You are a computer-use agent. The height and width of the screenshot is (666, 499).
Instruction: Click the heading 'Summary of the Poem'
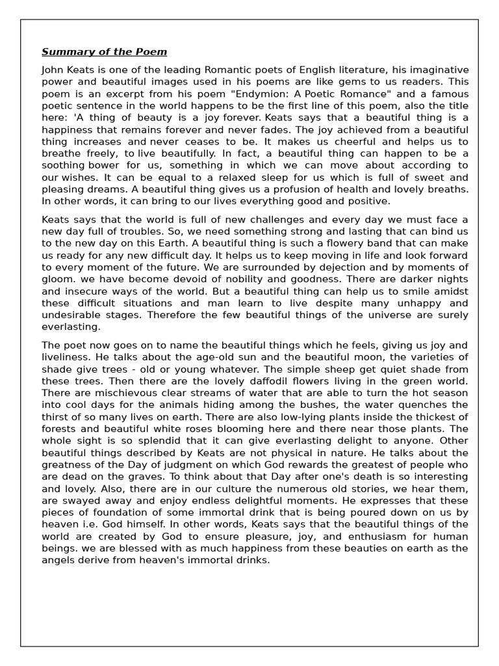[x=104, y=52]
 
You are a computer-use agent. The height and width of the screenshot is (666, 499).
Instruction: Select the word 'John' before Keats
[x=53, y=70]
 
